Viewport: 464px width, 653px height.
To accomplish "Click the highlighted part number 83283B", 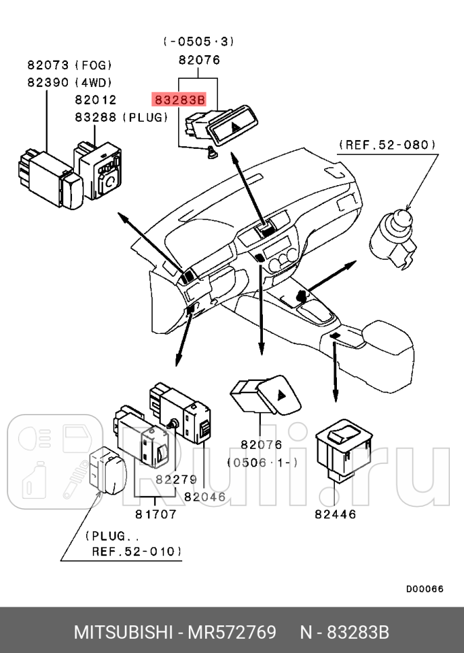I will pos(178,100).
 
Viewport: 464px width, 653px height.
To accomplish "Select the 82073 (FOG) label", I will pos(69,65).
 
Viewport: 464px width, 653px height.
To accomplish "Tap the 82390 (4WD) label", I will pos(69,83).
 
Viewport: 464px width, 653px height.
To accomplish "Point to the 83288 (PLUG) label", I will pos(120,117).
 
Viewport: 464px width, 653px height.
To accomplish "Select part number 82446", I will pos(335,514).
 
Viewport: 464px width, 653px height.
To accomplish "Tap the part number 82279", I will pos(176,479).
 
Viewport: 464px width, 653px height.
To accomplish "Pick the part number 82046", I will pos(204,497).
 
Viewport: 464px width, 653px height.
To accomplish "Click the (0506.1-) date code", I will pos(262,462).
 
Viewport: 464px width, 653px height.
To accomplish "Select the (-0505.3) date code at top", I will pos(198,41).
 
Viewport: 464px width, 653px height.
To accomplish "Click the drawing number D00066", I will pos(424,588).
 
